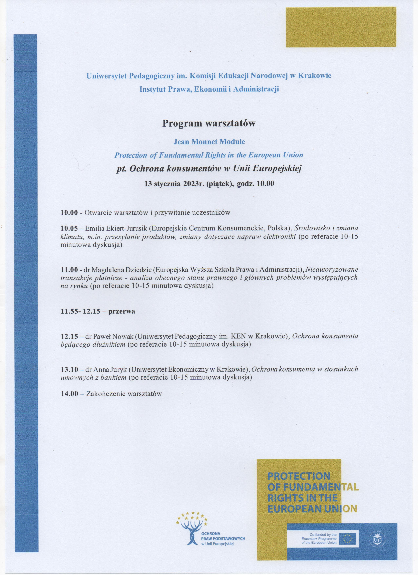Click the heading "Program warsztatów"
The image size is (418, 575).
click(x=209, y=124)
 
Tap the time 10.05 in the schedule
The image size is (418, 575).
click(x=69, y=228)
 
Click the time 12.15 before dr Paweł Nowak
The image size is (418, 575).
click(x=69, y=336)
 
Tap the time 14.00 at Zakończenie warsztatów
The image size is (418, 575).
click(x=69, y=394)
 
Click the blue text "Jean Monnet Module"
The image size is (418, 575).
click(x=209, y=142)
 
